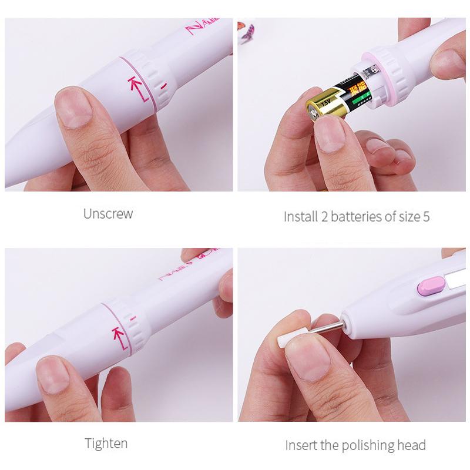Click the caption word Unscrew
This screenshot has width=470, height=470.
pos(108,213)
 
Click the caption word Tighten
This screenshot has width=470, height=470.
pos(106,442)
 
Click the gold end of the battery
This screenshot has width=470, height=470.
pos(318,109)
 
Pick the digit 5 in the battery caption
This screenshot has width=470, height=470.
pos(426,216)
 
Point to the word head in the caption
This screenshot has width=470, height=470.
pos(411,445)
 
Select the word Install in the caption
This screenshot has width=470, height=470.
pos(301,216)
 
